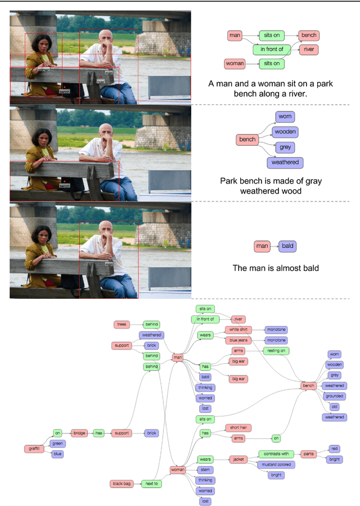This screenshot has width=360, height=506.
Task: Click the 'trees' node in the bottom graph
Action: (121, 324)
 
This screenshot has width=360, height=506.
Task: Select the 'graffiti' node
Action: (33, 449)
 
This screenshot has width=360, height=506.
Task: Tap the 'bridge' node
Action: (79, 433)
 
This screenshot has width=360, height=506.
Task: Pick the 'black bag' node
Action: (121, 483)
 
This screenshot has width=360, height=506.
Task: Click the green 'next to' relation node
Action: (151, 483)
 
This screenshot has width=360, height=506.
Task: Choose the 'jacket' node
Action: (238, 459)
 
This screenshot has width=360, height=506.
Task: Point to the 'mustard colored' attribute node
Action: (276, 465)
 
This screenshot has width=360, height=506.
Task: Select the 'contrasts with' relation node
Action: (276, 454)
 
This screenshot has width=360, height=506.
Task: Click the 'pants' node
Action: (308, 454)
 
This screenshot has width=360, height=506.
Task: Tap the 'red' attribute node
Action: (335, 449)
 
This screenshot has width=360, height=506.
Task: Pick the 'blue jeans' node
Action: (239, 340)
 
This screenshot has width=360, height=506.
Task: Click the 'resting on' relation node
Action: (276, 351)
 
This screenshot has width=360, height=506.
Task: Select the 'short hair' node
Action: (238, 428)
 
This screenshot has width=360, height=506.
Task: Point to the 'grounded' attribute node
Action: (334, 396)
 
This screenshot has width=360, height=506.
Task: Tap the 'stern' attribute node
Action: (205, 469)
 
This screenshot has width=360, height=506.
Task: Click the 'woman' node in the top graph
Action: (235, 64)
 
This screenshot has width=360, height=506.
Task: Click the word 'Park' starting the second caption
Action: (232, 181)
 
